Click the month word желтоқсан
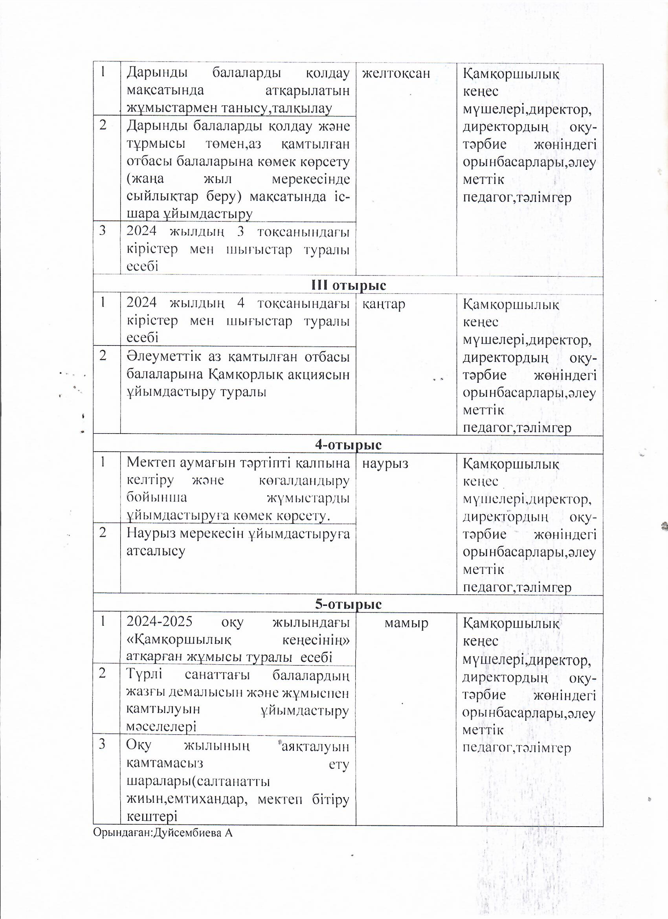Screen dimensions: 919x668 tap(396, 74)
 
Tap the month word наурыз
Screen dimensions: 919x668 tap(385, 463)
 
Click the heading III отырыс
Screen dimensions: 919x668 tap(349, 285)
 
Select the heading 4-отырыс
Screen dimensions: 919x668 tap(349, 445)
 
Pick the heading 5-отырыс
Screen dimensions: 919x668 tap(349, 604)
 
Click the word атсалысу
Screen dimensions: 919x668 tap(156, 551)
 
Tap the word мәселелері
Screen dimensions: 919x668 tap(161, 726)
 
